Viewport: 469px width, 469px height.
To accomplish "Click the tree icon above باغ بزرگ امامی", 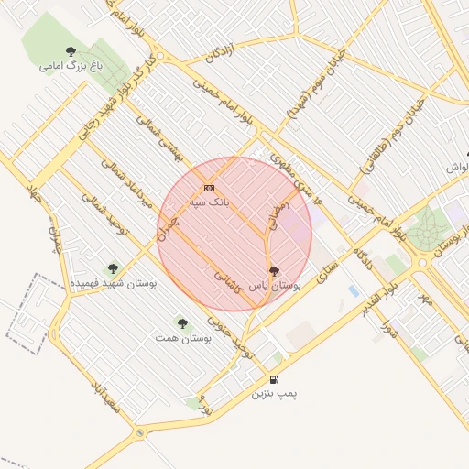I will click(x=71, y=51).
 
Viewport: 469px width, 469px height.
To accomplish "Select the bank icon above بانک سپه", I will click(x=210, y=187).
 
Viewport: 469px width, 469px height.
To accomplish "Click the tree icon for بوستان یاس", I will click(x=275, y=271).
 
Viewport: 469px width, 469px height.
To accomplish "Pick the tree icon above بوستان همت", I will click(x=182, y=323).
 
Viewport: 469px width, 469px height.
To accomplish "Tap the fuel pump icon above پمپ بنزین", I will click(x=275, y=379).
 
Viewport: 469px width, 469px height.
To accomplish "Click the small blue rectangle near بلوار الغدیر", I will click(x=354, y=291).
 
